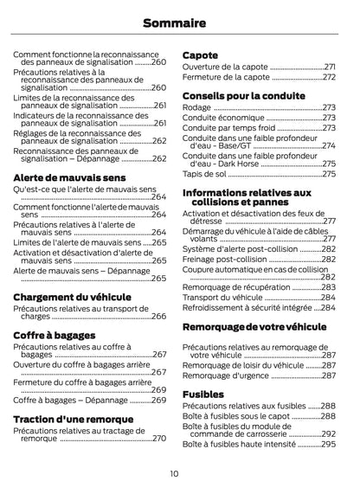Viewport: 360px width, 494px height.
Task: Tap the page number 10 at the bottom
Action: click(x=174, y=472)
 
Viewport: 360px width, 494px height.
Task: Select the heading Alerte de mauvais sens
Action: click(x=69, y=177)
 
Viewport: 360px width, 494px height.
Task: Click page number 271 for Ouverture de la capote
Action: click(x=329, y=67)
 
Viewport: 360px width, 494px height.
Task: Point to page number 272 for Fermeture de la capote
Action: click(x=329, y=76)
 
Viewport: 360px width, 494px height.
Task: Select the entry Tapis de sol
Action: click(x=204, y=173)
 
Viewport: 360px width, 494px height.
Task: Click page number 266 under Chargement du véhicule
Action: click(x=159, y=317)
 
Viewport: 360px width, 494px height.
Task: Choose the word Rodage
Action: click(x=196, y=106)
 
